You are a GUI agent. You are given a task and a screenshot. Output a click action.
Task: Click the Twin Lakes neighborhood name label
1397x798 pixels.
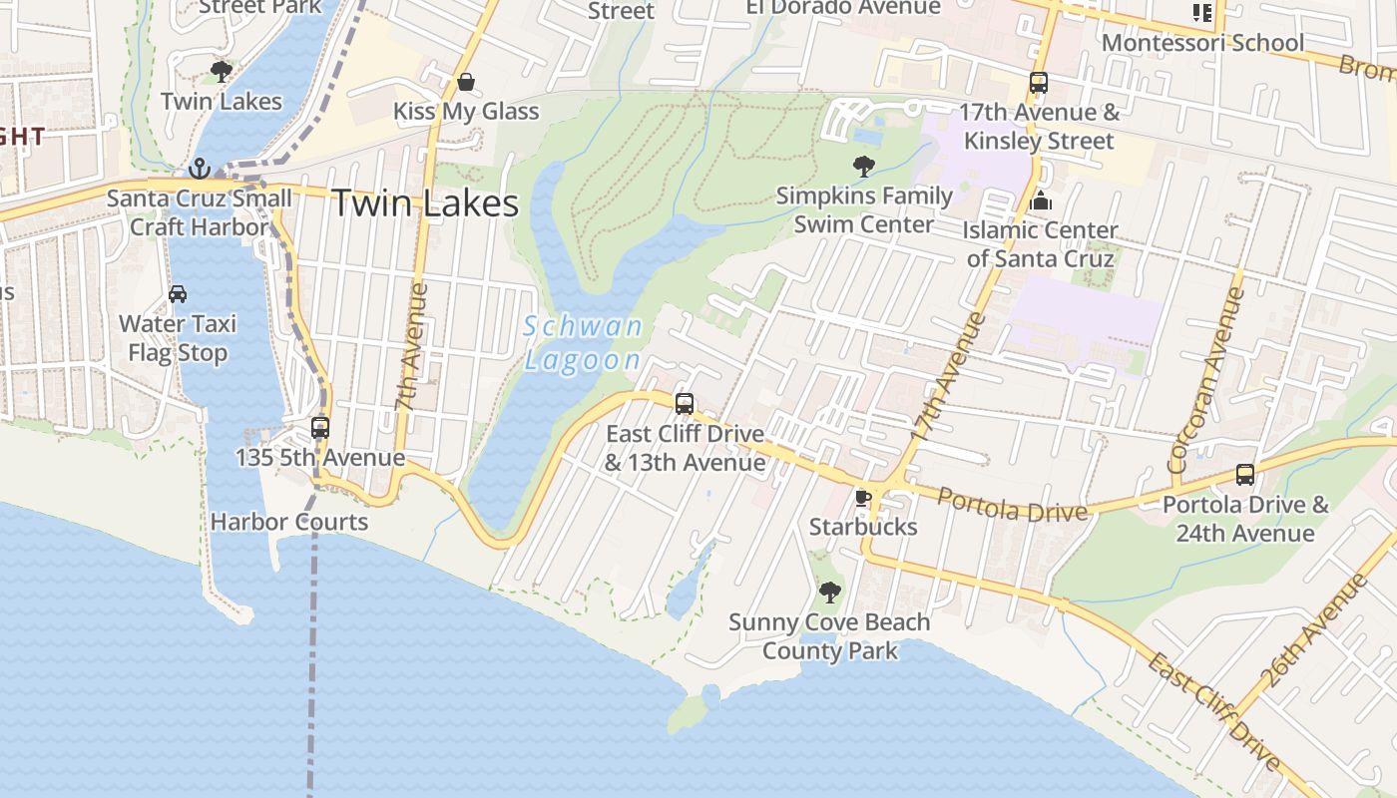[x=425, y=203]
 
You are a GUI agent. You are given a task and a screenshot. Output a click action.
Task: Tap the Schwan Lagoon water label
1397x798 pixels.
[x=584, y=342]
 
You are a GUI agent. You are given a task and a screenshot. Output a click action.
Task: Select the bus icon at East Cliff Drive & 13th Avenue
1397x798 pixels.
[x=685, y=404]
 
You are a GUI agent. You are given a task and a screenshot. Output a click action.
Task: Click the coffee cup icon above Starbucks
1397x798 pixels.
[x=863, y=498]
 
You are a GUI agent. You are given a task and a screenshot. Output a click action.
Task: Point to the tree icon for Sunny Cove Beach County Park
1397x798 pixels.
[x=829, y=593]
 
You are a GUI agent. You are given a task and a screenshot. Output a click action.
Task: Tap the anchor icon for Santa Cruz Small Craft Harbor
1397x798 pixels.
[x=200, y=168]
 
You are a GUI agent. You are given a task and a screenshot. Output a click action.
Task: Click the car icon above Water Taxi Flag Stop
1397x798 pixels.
[x=178, y=294]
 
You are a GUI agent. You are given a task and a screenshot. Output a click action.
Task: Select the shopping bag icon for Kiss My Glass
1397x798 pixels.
[x=465, y=82]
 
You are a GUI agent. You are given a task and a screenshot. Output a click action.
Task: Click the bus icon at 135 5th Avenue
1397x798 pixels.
[x=320, y=428]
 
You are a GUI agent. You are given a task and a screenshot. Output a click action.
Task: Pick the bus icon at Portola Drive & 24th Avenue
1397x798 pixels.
[x=1245, y=475]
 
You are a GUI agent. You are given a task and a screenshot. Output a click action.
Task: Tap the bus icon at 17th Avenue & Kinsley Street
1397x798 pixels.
[x=1039, y=83]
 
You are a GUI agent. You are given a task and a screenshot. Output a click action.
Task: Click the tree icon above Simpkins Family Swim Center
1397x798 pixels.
[x=864, y=167]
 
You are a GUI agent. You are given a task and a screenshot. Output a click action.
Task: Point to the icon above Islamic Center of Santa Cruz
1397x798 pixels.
[x=1041, y=201]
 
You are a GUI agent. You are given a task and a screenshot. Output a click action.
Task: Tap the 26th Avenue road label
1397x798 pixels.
[x=1315, y=630]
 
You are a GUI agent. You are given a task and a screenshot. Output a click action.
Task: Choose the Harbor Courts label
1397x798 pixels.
[x=289, y=522]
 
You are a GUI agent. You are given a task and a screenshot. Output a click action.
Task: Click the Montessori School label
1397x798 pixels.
[x=1202, y=43]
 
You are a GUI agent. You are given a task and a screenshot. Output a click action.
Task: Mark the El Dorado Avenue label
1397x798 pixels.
[x=843, y=8]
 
